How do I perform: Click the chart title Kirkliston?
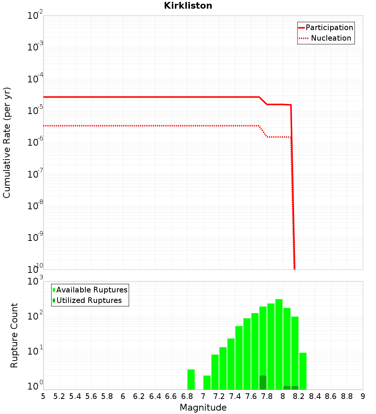[x=188, y=6]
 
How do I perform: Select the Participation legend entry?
[x=326, y=27]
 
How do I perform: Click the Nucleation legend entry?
[x=326, y=38]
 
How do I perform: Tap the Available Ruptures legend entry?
[x=90, y=290]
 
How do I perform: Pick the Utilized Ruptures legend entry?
[x=87, y=300]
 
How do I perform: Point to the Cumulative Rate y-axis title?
[x=7, y=142]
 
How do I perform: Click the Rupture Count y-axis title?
[x=14, y=335]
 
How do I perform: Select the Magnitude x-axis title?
[x=203, y=408]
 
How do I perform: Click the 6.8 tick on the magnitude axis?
[x=187, y=396]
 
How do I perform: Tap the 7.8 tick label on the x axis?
[x=267, y=396]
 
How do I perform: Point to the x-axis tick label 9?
[x=363, y=396]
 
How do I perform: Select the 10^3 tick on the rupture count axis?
[x=36, y=281]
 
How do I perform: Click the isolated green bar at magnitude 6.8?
[x=191, y=379]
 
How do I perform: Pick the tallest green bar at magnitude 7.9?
[x=279, y=344]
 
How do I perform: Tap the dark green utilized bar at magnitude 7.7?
[x=263, y=382]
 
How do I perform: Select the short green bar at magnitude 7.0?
[x=207, y=382]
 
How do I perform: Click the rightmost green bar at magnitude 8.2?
[x=303, y=371]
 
